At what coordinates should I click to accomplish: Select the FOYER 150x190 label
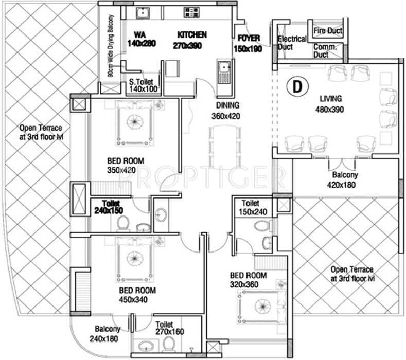tap(249, 44)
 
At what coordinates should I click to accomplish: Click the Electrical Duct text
tap(292, 43)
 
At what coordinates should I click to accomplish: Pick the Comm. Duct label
tap(325, 50)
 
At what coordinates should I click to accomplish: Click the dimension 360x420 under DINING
tap(226, 116)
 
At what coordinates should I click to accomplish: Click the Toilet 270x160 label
tap(169, 328)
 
